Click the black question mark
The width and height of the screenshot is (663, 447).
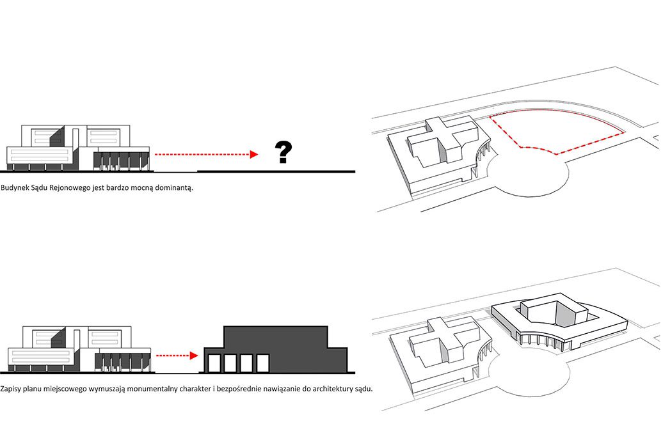click(283, 152)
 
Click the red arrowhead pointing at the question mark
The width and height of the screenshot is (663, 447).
click(254, 154)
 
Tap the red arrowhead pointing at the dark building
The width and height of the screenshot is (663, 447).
click(194, 356)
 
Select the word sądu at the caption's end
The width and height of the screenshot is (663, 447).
click(365, 389)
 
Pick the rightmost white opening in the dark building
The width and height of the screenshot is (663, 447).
click(262, 364)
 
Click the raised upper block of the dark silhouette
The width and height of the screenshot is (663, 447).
click(276, 337)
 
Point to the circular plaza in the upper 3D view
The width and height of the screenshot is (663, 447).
click(529, 176)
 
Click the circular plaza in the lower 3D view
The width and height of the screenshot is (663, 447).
click(529, 379)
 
